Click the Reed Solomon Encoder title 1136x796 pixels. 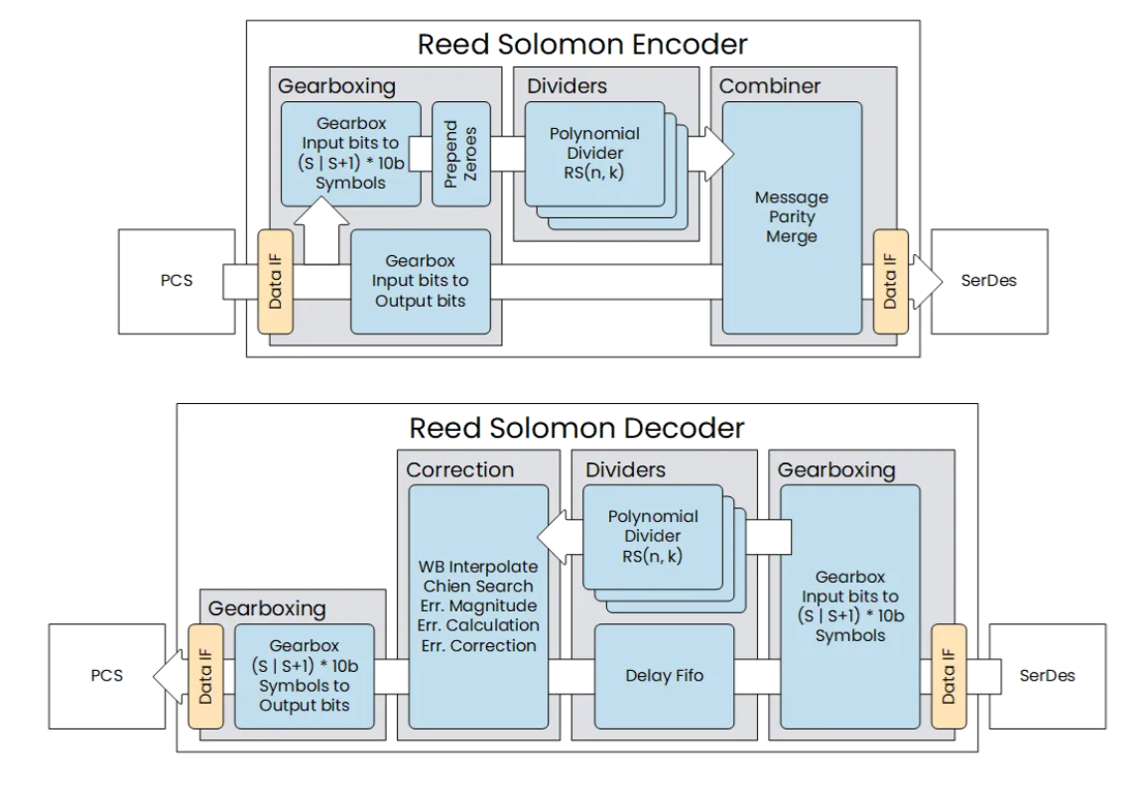click(581, 45)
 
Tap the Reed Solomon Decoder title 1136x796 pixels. click(576, 428)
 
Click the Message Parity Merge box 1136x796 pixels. click(791, 216)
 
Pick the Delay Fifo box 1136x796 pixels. click(664, 676)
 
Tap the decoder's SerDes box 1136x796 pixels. click(1047, 676)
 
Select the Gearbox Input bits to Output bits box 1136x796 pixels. click(421, 281)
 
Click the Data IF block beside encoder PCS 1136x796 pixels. click(276, 281)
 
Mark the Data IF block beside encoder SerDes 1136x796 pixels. click(889, 281)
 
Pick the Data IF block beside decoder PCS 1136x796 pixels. click(206, 676)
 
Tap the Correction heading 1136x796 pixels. click(459, 469)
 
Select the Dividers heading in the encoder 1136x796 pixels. click(567, 85)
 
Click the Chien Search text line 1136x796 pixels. click(478, 586)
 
